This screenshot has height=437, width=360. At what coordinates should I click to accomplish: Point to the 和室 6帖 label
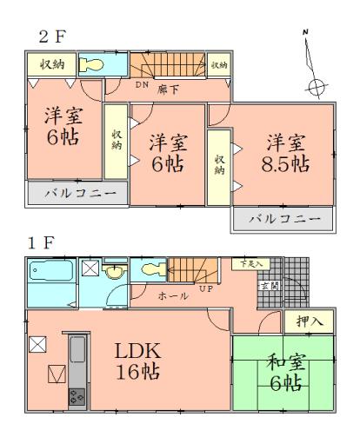[x=278, y=374]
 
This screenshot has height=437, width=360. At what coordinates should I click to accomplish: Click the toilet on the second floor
[x=92, y=66]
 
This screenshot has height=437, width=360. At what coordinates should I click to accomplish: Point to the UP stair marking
[x=207, y=288]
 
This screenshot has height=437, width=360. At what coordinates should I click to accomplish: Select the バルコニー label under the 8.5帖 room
[x=282, y=219]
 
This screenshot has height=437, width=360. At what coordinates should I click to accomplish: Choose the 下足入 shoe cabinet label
[x=251, y=262]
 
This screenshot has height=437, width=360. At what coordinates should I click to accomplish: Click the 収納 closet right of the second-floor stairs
[x=219, y=65]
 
